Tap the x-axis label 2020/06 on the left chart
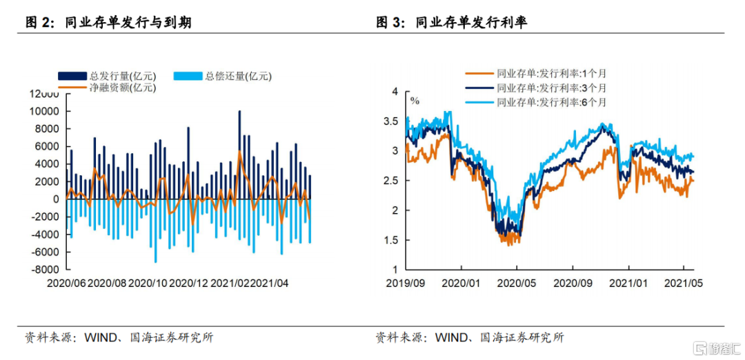click(x=66, y=283)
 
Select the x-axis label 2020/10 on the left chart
click(x=148, y=283)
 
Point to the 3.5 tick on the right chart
click(x=391, y=121)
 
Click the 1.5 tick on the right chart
click(x=391, y=240)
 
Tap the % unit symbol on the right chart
click(x=415, y=100)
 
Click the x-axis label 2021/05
click(x=683, y=283)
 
